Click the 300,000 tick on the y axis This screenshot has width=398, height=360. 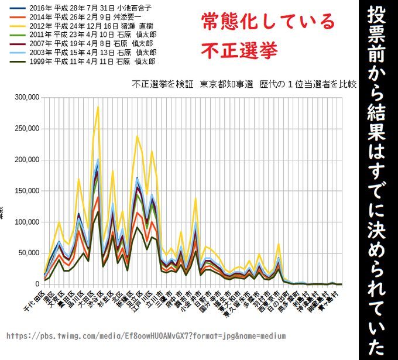(26, 97)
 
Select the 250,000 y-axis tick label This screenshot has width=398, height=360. (26, 128)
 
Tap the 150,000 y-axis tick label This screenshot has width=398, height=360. (26, 191)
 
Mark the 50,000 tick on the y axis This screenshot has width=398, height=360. (28, 253)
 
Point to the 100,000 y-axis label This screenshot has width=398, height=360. (26, 222)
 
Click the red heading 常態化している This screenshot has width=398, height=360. (268, 22)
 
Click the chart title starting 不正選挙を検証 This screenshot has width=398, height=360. (244, 84)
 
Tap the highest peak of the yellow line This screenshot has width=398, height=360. (98, 107)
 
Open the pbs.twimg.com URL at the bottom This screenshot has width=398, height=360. (146, 336)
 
